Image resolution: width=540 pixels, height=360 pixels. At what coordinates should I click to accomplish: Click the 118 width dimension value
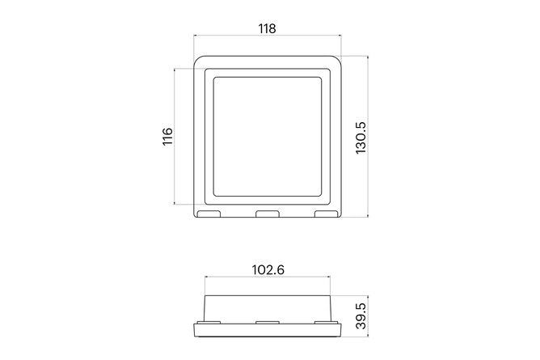267,29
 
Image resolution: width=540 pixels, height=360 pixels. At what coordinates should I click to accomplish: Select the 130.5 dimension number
361,137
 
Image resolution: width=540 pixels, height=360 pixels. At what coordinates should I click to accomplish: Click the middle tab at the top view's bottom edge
268,215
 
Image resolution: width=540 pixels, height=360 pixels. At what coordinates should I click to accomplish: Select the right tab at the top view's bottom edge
325,215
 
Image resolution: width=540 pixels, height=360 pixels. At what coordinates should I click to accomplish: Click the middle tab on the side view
268,322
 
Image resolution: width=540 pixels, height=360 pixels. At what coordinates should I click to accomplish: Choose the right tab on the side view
325,322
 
